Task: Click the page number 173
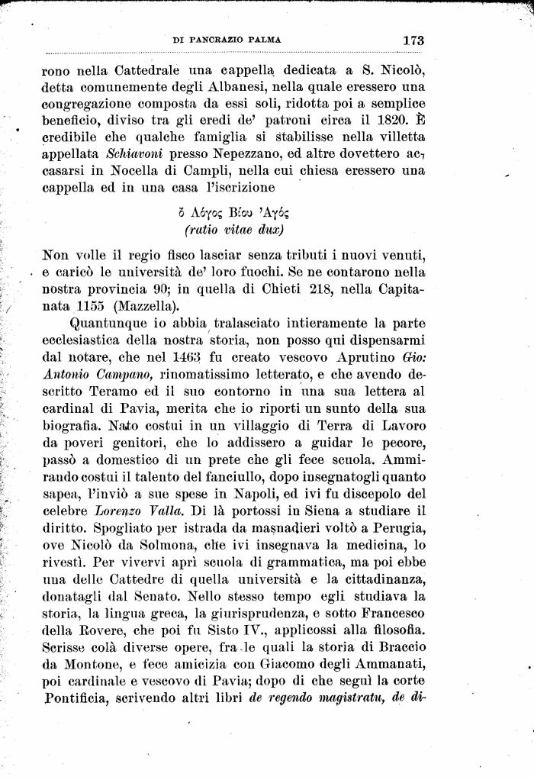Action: pos(410,40)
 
